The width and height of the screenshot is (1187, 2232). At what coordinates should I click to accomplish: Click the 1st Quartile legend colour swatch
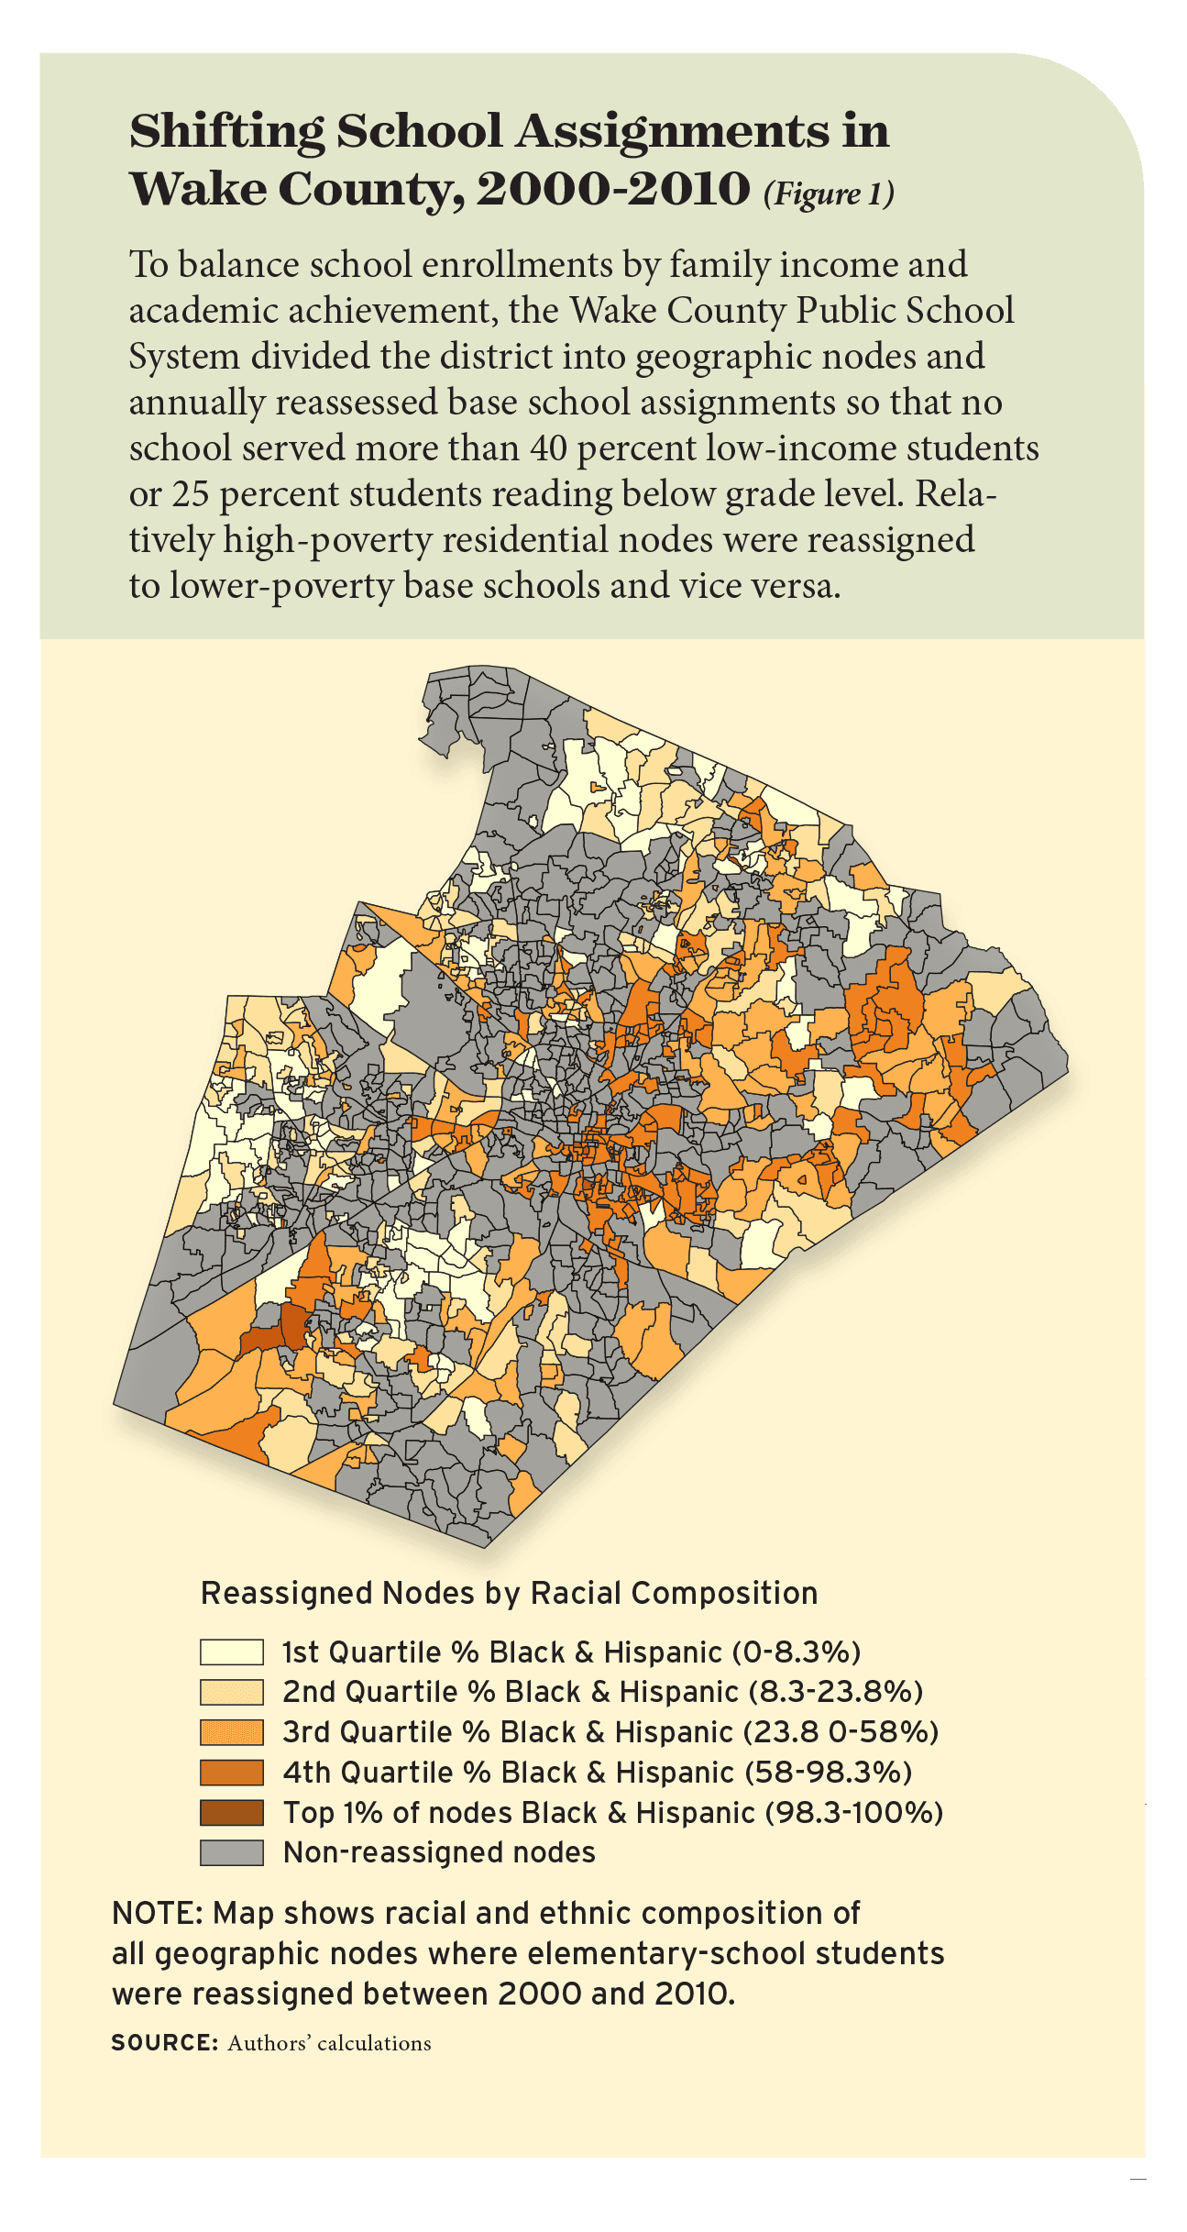pyautogui.click(x=231, y=1652)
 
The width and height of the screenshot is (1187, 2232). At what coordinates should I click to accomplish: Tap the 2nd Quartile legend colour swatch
pyautogui.click(x=231, y=1692)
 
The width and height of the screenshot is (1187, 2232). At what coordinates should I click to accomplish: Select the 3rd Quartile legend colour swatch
pyautogui.click(x=231, y=1732)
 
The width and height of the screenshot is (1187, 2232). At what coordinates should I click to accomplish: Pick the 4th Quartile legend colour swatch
pyautogui.click(x=231, y=1773)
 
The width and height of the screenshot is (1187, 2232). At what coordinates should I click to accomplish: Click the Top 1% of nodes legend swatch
pyautogui.click(x=231, y=1813)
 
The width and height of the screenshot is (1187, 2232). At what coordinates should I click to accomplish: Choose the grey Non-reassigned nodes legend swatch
pyautogui.click(x=231, y=1852)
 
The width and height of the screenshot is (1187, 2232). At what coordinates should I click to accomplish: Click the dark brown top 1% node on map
pyautogui.click(x=291, y=1327)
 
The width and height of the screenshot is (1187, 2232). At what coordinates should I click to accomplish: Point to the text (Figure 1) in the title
pyautogui.click(x=828, y=193)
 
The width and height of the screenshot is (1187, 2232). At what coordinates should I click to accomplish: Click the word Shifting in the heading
pyautogui.click(x=225, y=132)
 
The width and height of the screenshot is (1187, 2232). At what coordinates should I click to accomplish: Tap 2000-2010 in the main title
pyautogui.click(x=613, y=189)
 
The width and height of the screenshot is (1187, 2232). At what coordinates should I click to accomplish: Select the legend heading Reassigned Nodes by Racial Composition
pyautogui.click(x=509, y=1593)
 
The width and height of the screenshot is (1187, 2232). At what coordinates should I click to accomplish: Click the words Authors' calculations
pyautogui.click(x=329, y=2044)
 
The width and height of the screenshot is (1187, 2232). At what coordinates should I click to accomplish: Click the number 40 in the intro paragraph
pyautogui.click(x=549, y=448)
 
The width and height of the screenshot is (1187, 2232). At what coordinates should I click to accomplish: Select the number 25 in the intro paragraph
pyautogui.click(x=191, y=494)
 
